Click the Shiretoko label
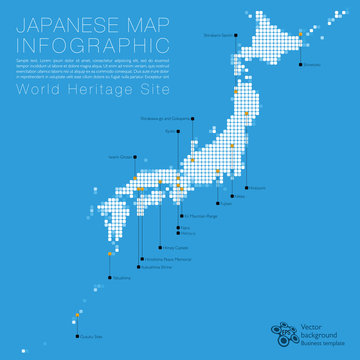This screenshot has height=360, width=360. (312, 66)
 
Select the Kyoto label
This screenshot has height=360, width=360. (170, 158)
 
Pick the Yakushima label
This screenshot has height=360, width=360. (121, 277)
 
